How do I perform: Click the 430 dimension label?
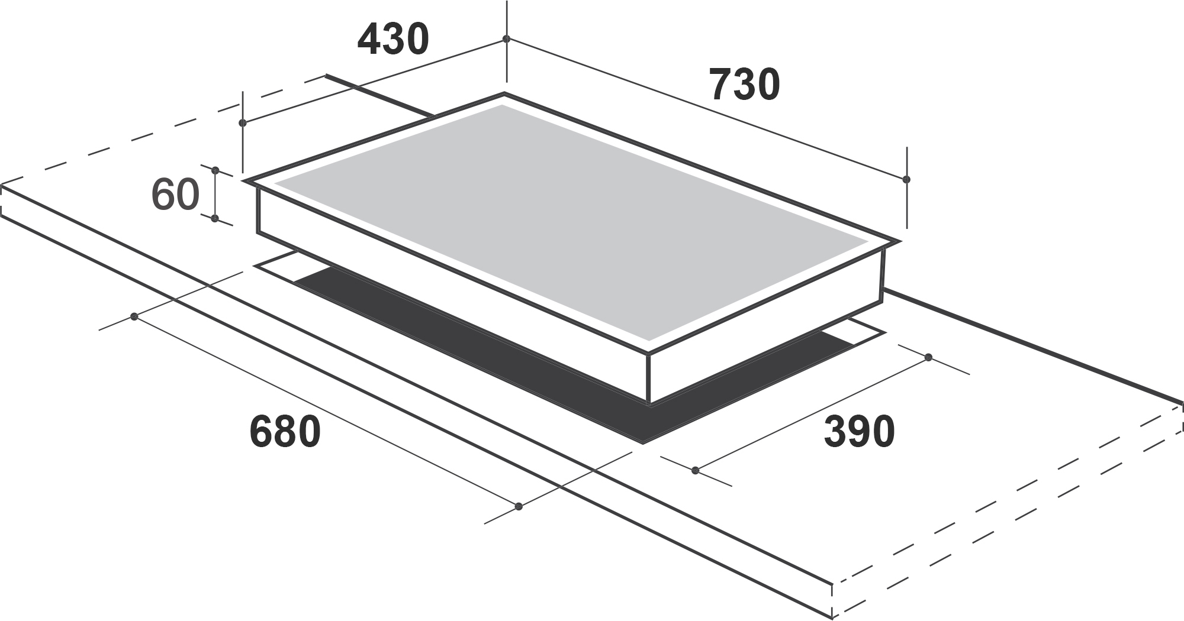point(393,40)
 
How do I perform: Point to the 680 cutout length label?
point(285,432)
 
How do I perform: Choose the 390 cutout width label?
point(859,432)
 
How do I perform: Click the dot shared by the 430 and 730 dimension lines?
point(506,39)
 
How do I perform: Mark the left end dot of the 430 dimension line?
point(242,123)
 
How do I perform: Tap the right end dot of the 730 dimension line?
point(906,179)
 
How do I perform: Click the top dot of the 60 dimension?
point(215,170)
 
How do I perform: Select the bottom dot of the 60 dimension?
point(215,219)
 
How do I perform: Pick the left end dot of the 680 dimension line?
point(134,317)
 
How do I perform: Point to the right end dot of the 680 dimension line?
point(519,506)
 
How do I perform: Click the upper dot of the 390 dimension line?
point(928,357)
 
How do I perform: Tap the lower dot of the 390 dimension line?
point(696,471)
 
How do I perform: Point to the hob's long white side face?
point(450,284)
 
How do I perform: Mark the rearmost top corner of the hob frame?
point(504,93)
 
